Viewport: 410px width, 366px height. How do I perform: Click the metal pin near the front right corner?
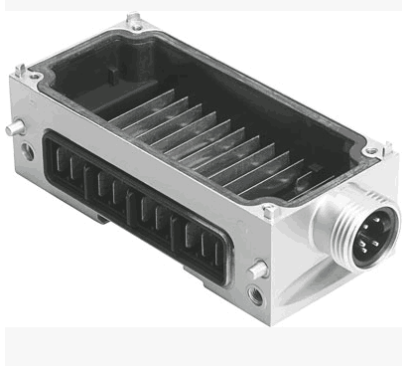pyautogui.click(x=259, y=269)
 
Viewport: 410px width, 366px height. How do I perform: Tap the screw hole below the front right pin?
pyautogui.click(x=256, y=294)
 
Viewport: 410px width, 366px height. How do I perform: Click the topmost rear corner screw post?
pyautogui.click(x=133, y=20)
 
